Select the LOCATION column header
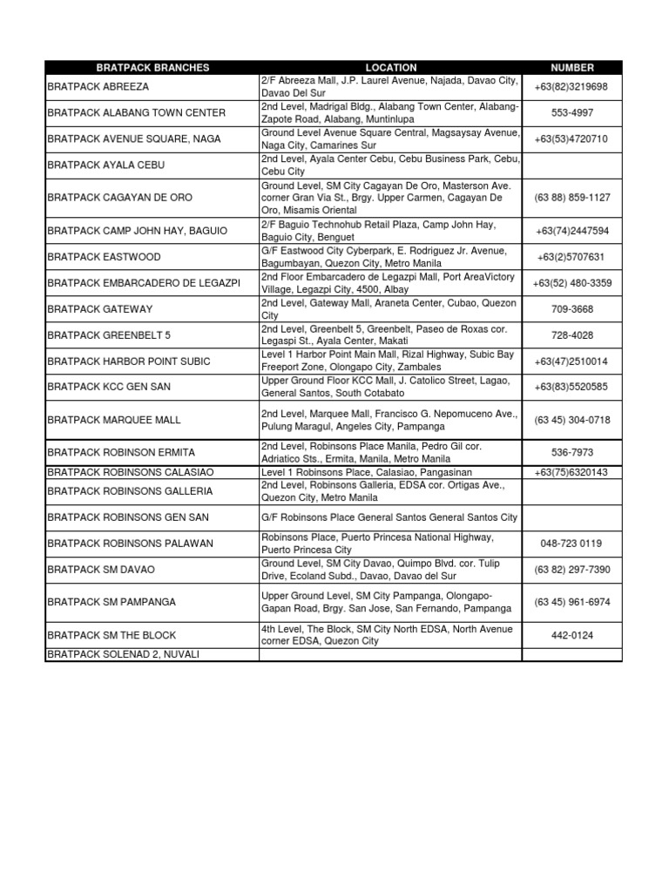coord(391,67)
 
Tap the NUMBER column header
coord(572,67)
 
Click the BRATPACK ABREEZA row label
coord(98,87)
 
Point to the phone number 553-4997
coord(572,112)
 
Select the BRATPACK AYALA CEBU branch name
coord(105,165)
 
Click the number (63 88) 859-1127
coord(572,198)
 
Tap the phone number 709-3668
coord(572,308)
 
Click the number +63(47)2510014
coord(572,361)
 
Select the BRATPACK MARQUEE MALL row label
coord(114,420)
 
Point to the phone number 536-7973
coord(572,453)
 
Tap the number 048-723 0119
coord(572,544)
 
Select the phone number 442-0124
coord(572,635)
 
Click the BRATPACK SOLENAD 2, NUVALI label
coord(121,654)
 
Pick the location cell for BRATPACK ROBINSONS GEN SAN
coord(389,517)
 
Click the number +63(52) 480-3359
coord(572,283)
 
